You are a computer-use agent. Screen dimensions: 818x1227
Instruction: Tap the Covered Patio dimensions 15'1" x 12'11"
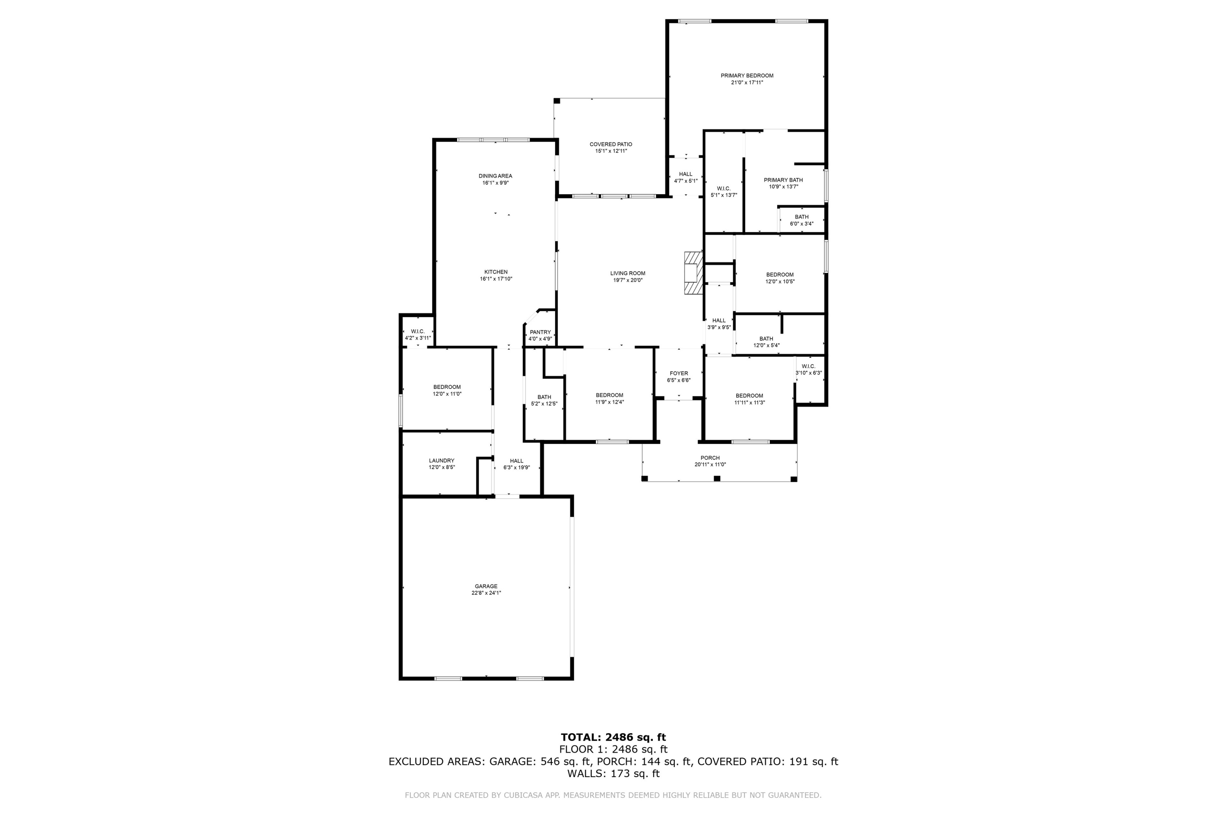coord(611,151)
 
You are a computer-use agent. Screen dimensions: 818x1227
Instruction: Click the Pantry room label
coord(540,332)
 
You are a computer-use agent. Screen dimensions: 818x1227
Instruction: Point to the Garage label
coord(486,587)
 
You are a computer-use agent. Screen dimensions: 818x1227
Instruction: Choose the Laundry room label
coord(441,461)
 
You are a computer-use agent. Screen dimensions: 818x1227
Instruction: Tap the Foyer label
coord(679,373)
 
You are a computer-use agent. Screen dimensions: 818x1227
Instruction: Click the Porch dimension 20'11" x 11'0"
coord(710,465)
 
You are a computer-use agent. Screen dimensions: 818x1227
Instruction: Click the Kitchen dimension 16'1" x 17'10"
coord(496,279)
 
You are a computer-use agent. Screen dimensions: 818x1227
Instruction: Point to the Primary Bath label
coord(783,180)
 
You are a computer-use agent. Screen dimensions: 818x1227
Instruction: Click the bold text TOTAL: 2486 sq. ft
coord(613,737)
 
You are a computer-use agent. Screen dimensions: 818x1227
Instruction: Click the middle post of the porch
coord(717,479)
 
